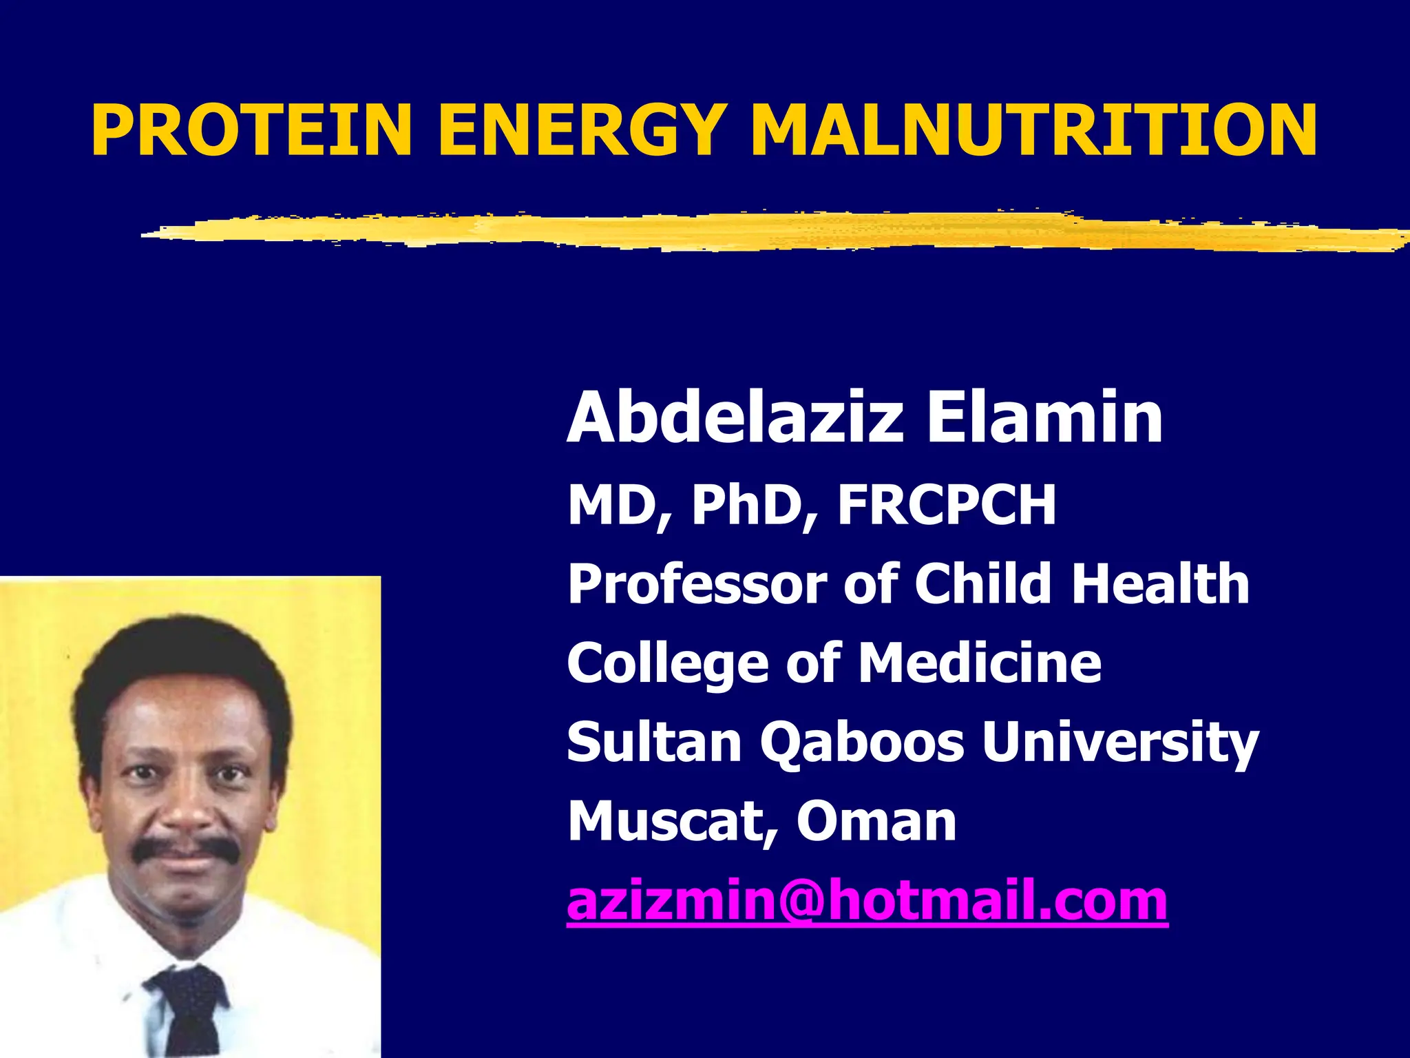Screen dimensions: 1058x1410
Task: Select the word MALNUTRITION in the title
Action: pos(1033,131)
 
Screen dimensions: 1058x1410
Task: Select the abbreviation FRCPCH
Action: pos(947,505)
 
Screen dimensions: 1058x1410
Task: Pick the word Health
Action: pos(1160,583)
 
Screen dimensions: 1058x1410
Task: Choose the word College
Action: pos(667,663)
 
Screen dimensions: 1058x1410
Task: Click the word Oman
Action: pos(876,821)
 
